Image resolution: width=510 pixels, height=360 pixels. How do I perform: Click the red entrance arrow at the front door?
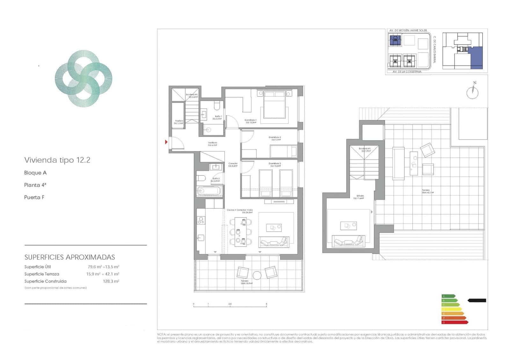pyautogui.click(x=166, y=142)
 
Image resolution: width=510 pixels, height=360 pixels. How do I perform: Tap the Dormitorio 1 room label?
pyautogui.click(x=251, y=121)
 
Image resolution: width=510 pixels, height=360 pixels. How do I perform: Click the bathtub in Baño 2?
pyautogui.click(x=209, y=191)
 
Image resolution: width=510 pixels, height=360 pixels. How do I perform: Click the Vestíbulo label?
pyautogui.click(x=213, y=143)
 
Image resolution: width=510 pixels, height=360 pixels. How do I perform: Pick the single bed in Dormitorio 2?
pyautogui.click(x=283, y=151)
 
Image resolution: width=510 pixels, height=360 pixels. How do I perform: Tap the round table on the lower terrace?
pyautogui.click(x=257, y=275)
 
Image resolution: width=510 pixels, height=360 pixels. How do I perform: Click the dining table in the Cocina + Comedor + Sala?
pyautogui.click(x=240, y=232)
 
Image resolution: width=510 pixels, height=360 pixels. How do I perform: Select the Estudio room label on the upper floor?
pyautogui.click(x=360, y=197)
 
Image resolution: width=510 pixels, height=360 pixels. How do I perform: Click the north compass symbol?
pyautogui.click(x=472, y=92)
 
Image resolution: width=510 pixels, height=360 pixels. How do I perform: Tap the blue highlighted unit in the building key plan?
pyautogui.click(x=477, y=58)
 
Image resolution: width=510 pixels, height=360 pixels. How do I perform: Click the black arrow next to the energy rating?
pyautogui.click(x=477, y=300)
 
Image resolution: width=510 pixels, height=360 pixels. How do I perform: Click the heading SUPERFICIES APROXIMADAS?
pyautogui.click(x=70, y=257)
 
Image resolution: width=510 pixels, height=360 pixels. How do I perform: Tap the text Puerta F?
pyautogui.click(x=34, y=197)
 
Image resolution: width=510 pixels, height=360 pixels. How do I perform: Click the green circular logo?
pyautogui.click(x=84, y=78)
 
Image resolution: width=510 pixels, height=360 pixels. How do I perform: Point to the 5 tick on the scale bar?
pyautogui.click(x=266, y=304)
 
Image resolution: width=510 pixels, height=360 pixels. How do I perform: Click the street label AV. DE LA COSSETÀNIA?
pyautogui.click(x=407, y=72)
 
